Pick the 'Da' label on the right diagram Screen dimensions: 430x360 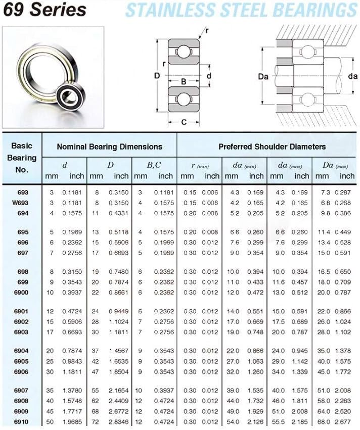tap(262, 76)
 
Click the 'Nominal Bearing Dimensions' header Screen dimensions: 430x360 tap(109, 147)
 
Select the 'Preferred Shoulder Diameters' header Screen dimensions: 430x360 tap(272, 147)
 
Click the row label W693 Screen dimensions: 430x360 tap(21, 203)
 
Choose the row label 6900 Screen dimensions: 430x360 tap(21, 292)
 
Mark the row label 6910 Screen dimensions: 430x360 tap(21, 421)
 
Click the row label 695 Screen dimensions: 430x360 tap(23, 232)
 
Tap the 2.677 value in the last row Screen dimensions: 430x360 tap(345, 421)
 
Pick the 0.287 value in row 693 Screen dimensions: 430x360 tap(345, 193)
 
